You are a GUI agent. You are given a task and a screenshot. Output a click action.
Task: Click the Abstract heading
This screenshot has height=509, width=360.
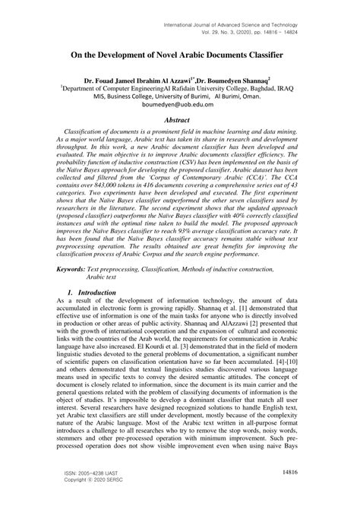(179, 119)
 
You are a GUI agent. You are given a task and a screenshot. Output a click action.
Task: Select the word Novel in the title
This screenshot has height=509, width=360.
(178, 55)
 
